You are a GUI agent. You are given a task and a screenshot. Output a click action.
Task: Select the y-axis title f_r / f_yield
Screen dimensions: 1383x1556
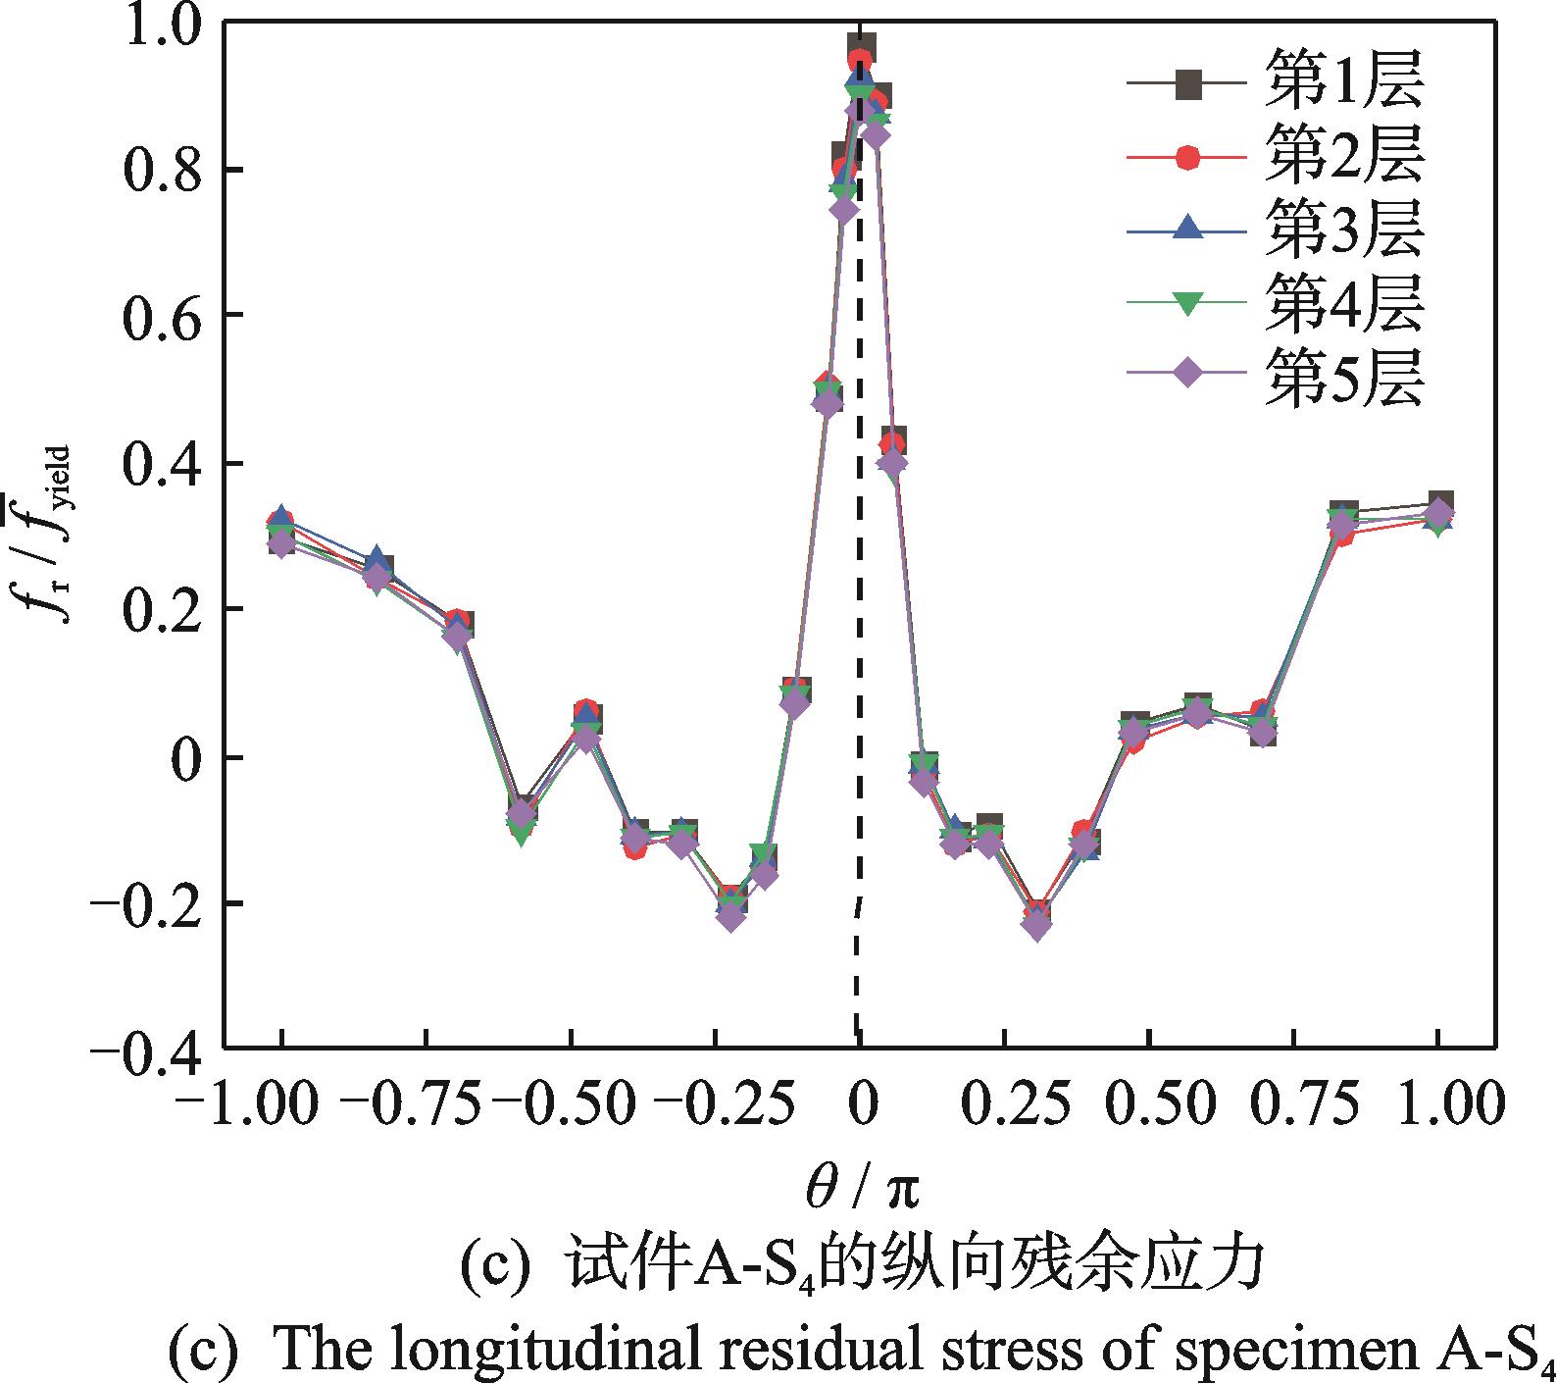(x=49, y=535)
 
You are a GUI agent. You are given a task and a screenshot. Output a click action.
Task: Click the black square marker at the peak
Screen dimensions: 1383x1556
(x=862, y=47)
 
